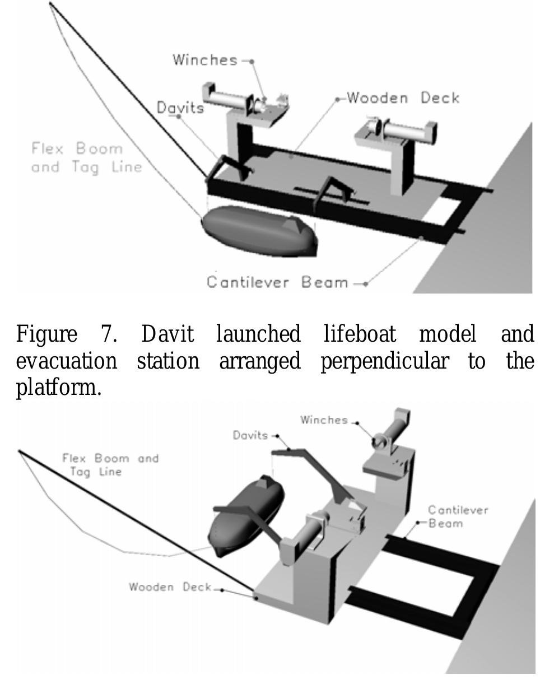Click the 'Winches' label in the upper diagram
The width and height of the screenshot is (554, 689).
pos(204,60)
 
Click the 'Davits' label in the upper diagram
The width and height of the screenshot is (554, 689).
pos(180,108)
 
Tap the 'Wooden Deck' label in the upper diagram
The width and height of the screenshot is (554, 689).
pos(403,98)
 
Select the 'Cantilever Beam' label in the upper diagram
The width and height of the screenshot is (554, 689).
pos(277,282)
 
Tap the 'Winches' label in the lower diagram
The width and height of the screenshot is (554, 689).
pos(324,420)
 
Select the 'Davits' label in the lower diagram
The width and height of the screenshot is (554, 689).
pos(250,435)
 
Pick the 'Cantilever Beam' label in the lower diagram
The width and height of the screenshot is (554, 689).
pos(458,516)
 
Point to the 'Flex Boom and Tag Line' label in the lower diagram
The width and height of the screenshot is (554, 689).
pos(110,465)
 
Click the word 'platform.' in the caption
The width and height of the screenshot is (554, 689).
pos(59,387)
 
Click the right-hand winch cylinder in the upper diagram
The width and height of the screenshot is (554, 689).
pos(403,131)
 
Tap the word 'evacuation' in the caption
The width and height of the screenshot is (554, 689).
pos(66,361)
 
